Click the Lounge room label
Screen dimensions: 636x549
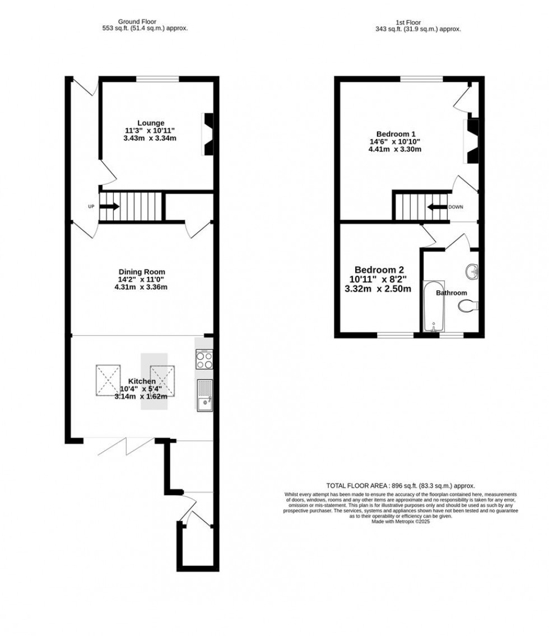[x=151, y=123]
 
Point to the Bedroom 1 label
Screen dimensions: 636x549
[x=396, y=134]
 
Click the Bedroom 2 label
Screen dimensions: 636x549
[x=379, y=269]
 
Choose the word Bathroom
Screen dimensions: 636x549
[x=452, y=293]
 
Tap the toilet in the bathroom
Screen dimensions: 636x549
[x=467, y=305]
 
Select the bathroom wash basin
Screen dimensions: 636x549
[x=472, y=272]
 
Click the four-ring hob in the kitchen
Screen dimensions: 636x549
[x=204, y=359]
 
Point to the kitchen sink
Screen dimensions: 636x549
[x=204, y=394]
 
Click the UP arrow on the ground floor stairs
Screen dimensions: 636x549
[x=110, y=206]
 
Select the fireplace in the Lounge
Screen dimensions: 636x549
[x=208, y=134]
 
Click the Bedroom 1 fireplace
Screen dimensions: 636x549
[x=473, y=140]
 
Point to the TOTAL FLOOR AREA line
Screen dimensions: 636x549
[x=401, y=486]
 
